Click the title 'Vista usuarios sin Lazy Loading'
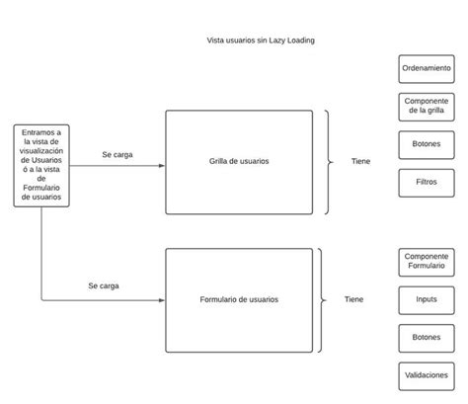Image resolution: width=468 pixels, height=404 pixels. [261, 40]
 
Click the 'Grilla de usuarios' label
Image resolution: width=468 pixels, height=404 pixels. [238, 161]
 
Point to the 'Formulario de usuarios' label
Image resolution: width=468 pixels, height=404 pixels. [238, 299]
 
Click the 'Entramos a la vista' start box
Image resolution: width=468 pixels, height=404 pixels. [40, 165]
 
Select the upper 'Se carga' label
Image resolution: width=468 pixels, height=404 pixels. [117, 154]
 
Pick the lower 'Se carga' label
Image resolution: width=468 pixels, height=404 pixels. [103, 285]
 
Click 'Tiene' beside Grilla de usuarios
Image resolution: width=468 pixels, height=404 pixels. [360, 161]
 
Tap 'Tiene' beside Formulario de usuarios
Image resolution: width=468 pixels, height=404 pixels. [353, 299]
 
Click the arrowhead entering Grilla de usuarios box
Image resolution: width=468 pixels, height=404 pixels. [161, 165]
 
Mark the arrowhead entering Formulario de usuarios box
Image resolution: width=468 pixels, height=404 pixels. [161, 299]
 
